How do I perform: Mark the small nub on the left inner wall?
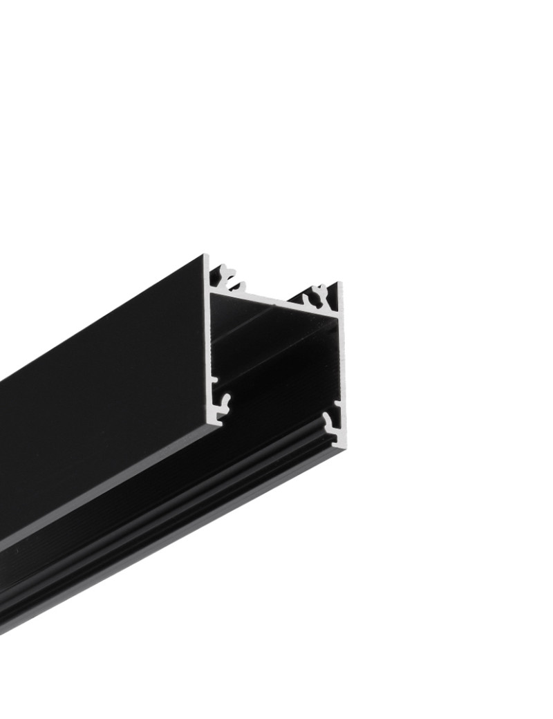pyautogui.click(x=214, y=380)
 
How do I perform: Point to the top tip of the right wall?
pyautogui.click(x=339, y=284)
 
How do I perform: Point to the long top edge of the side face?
pyautogui.click(x=104, y=325)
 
